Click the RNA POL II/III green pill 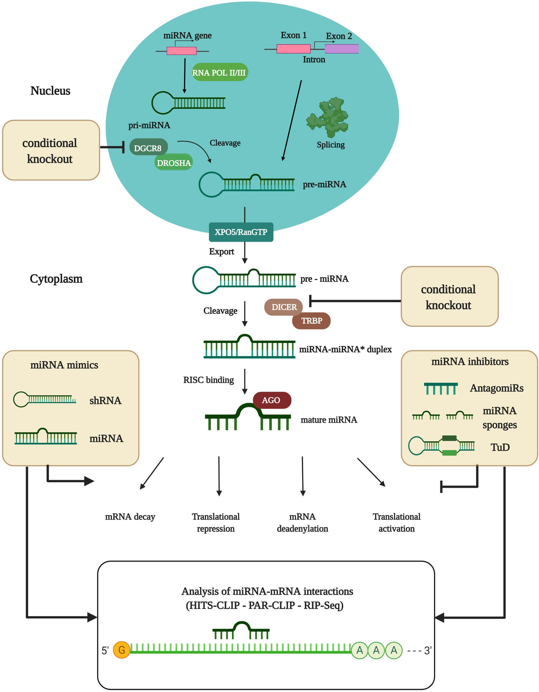click(220, 72)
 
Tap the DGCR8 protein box click(148, 148)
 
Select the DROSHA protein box click(174, 163)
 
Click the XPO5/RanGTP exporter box click(241, 232)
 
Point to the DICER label click(284, 307)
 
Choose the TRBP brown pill click(311, 321)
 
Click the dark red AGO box click(271, 400)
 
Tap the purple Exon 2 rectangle click(342, 49)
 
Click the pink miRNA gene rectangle click(181, 51)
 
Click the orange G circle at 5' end click(121, 650)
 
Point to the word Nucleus click(50, 91)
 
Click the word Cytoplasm click(56, 279)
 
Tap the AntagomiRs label click(496, 388)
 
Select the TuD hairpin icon click(442, 446)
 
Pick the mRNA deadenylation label click(302, 523)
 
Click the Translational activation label click(397, 523)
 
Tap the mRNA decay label click(130, 517)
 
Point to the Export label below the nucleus click(221, 251)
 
